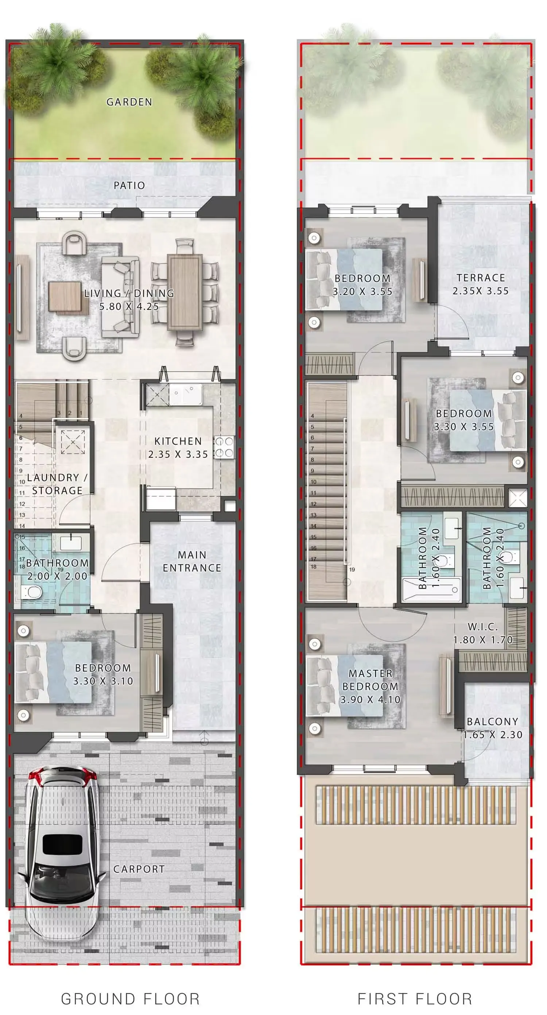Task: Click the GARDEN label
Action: coord(129,102)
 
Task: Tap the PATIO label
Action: coord(129,185)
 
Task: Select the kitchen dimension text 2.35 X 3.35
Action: coord(178,454)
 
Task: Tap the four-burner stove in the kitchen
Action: coord(224,447)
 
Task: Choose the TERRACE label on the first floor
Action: coord(481,278)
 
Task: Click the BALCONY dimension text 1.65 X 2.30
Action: coord(493,735)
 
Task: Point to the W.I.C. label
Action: coord(482,627)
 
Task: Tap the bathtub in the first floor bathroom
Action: coord(431,590)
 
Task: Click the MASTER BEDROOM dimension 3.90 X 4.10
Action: coord(371,700)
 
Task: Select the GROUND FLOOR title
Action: coord(131,999)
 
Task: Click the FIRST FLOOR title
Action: coord(415,999)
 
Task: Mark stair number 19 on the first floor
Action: coord(352,569)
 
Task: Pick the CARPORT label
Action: coord(139,869)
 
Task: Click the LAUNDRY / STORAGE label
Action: coord(57,484)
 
